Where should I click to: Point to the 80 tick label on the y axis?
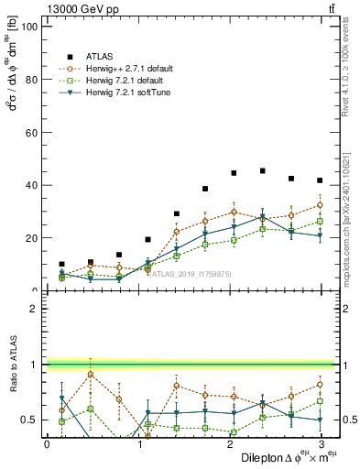(29, 80)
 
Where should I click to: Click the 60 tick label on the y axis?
(29, 133)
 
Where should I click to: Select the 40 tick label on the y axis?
(29, 185)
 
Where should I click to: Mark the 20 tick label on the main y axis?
(29, 238)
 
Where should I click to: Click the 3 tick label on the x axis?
(321, 443)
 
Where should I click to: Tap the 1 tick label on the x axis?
(138, 443)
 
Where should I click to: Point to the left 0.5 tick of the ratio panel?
(27, 420)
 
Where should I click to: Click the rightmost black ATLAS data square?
(320, 180)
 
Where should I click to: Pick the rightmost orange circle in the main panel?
(320, 205)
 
